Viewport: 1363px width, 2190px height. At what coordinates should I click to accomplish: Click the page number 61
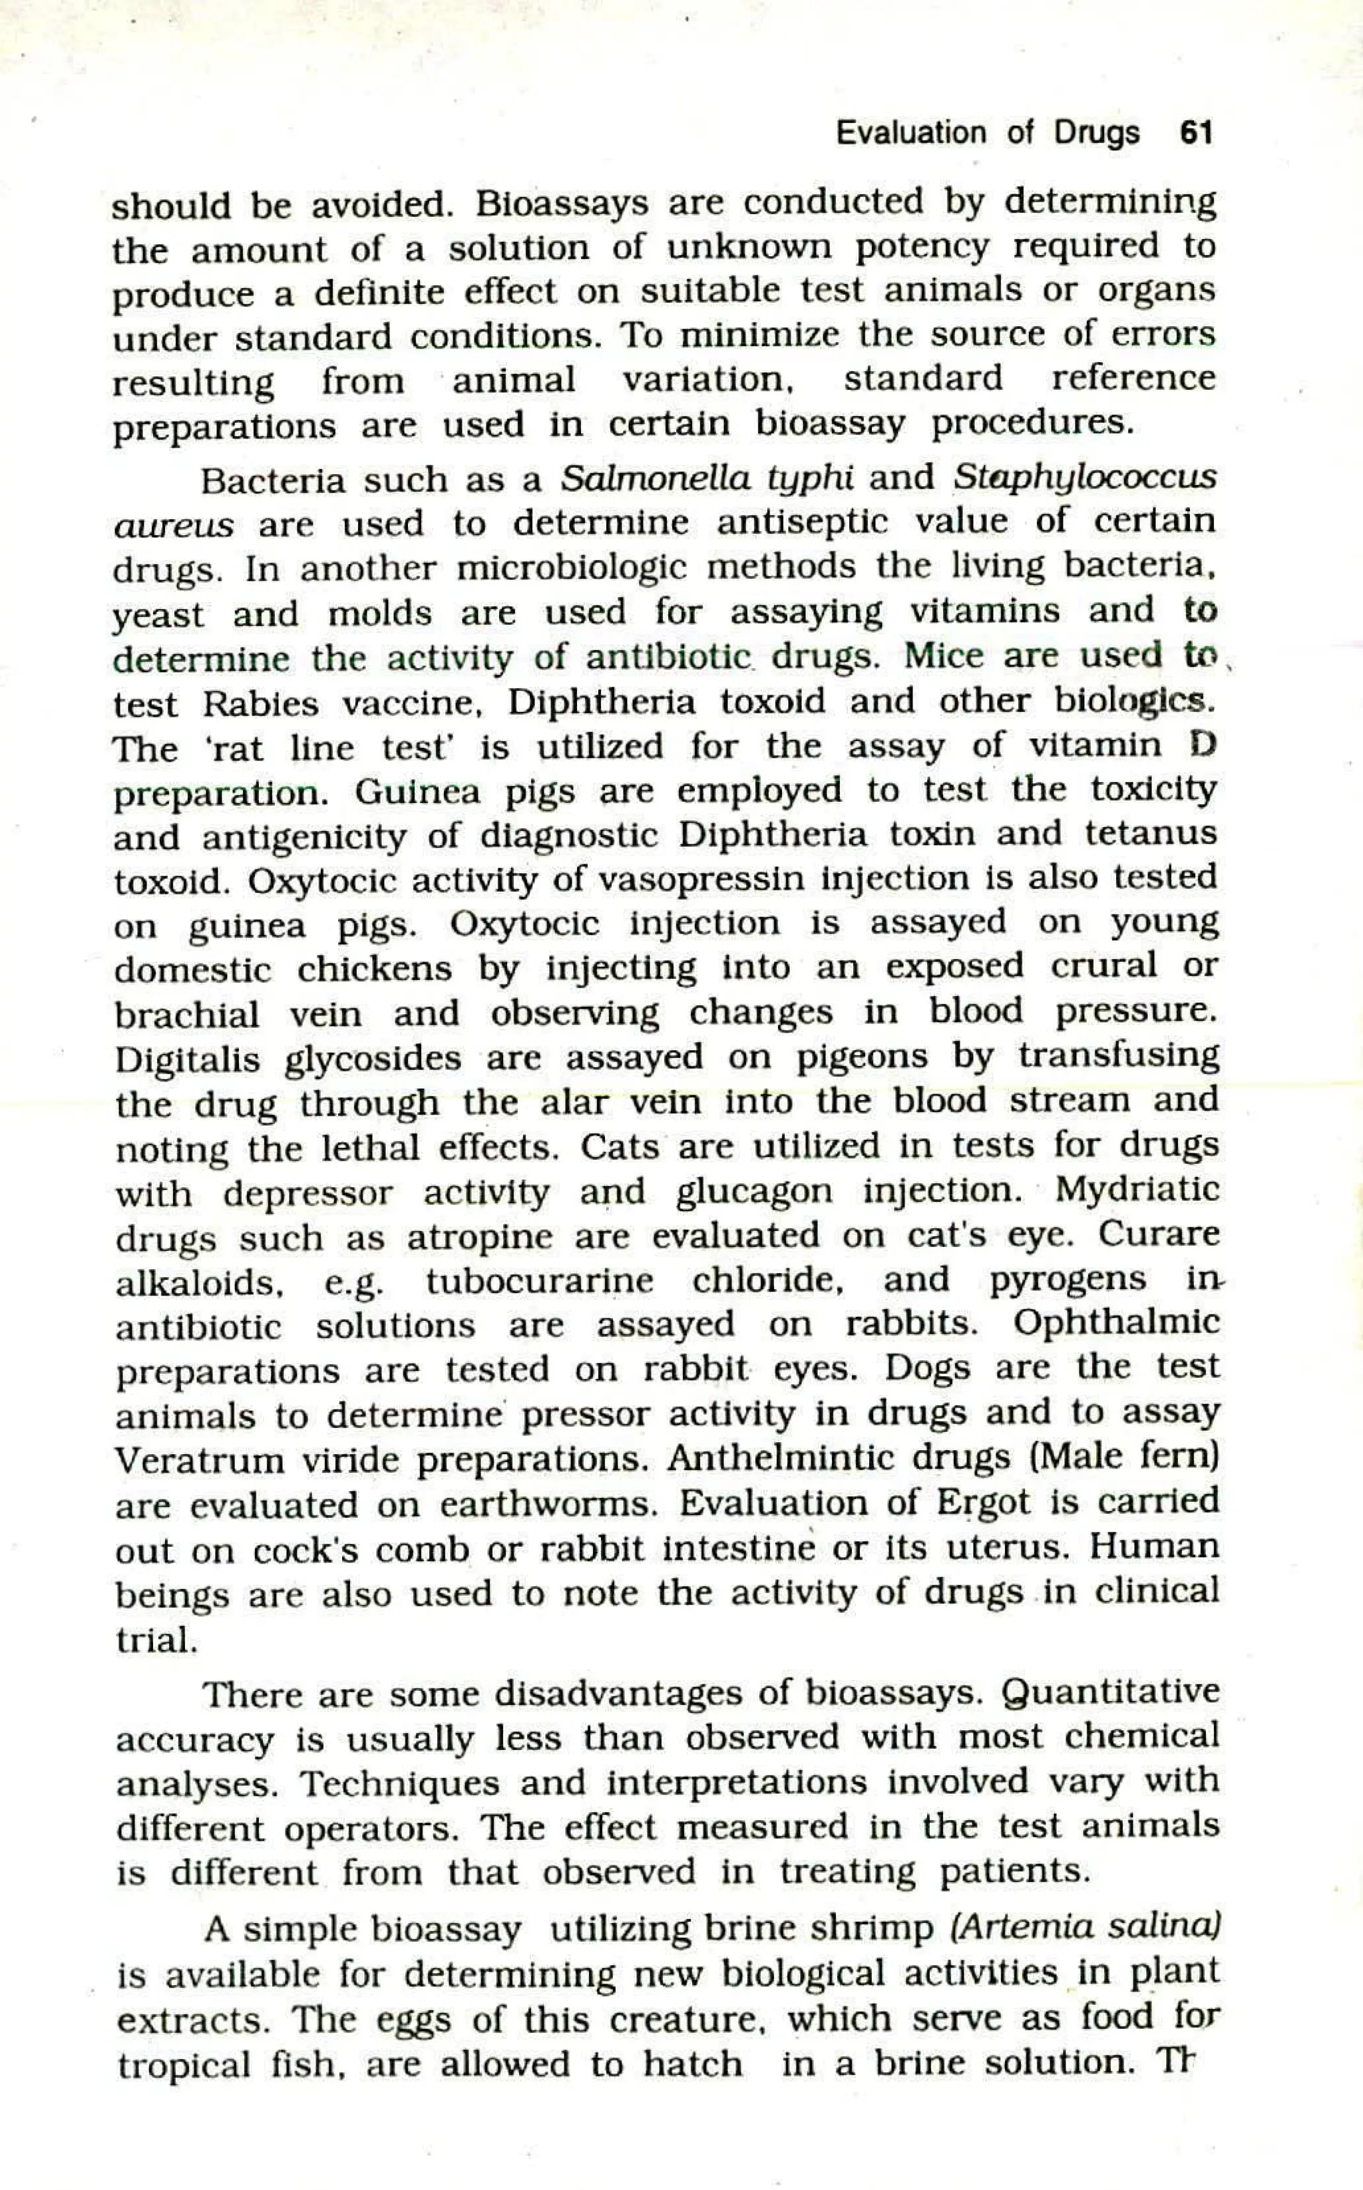tap(1195, 133)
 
